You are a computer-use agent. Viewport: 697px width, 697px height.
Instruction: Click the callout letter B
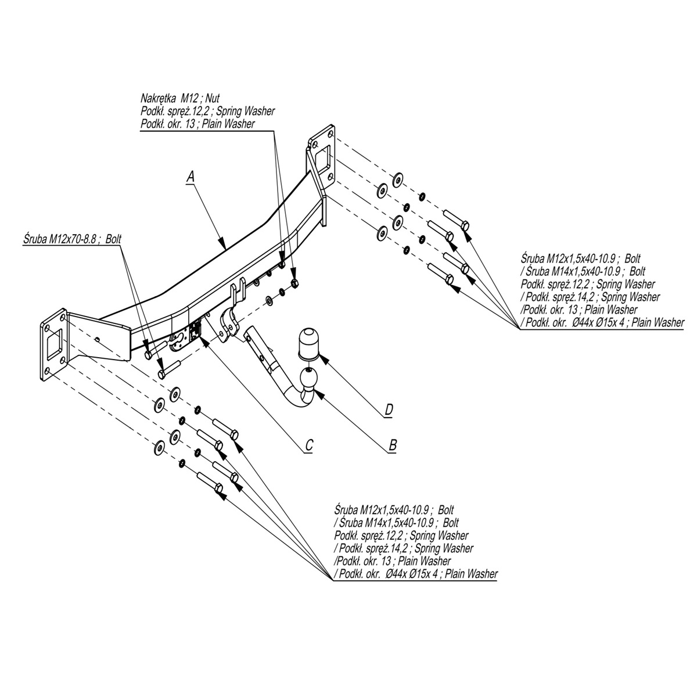pyautogui.click(x=392, y=445)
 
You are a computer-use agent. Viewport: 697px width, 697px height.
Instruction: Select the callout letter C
pyautogui.click(x=309, y=445)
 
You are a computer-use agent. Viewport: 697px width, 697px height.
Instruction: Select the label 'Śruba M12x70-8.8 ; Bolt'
pyautogui.click(x=61, y=239)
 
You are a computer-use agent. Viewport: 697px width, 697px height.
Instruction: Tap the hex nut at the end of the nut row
pyautogui.click(x=295, y=283)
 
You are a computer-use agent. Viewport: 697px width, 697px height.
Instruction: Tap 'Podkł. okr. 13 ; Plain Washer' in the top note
pyautogui.click(x=197, y=124)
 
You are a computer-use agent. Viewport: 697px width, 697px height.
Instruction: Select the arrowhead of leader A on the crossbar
pyautogui.click(x=223, y=245)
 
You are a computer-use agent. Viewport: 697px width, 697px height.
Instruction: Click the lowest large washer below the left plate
pyautogui.click(x=157, y=447)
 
